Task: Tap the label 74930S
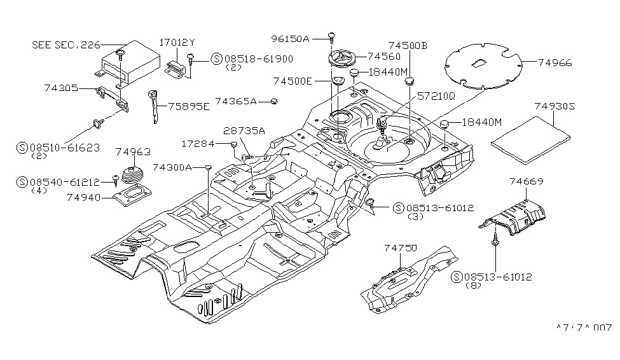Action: click(554, 107)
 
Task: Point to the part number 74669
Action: click(526, 182)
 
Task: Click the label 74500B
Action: click(408, 46)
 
